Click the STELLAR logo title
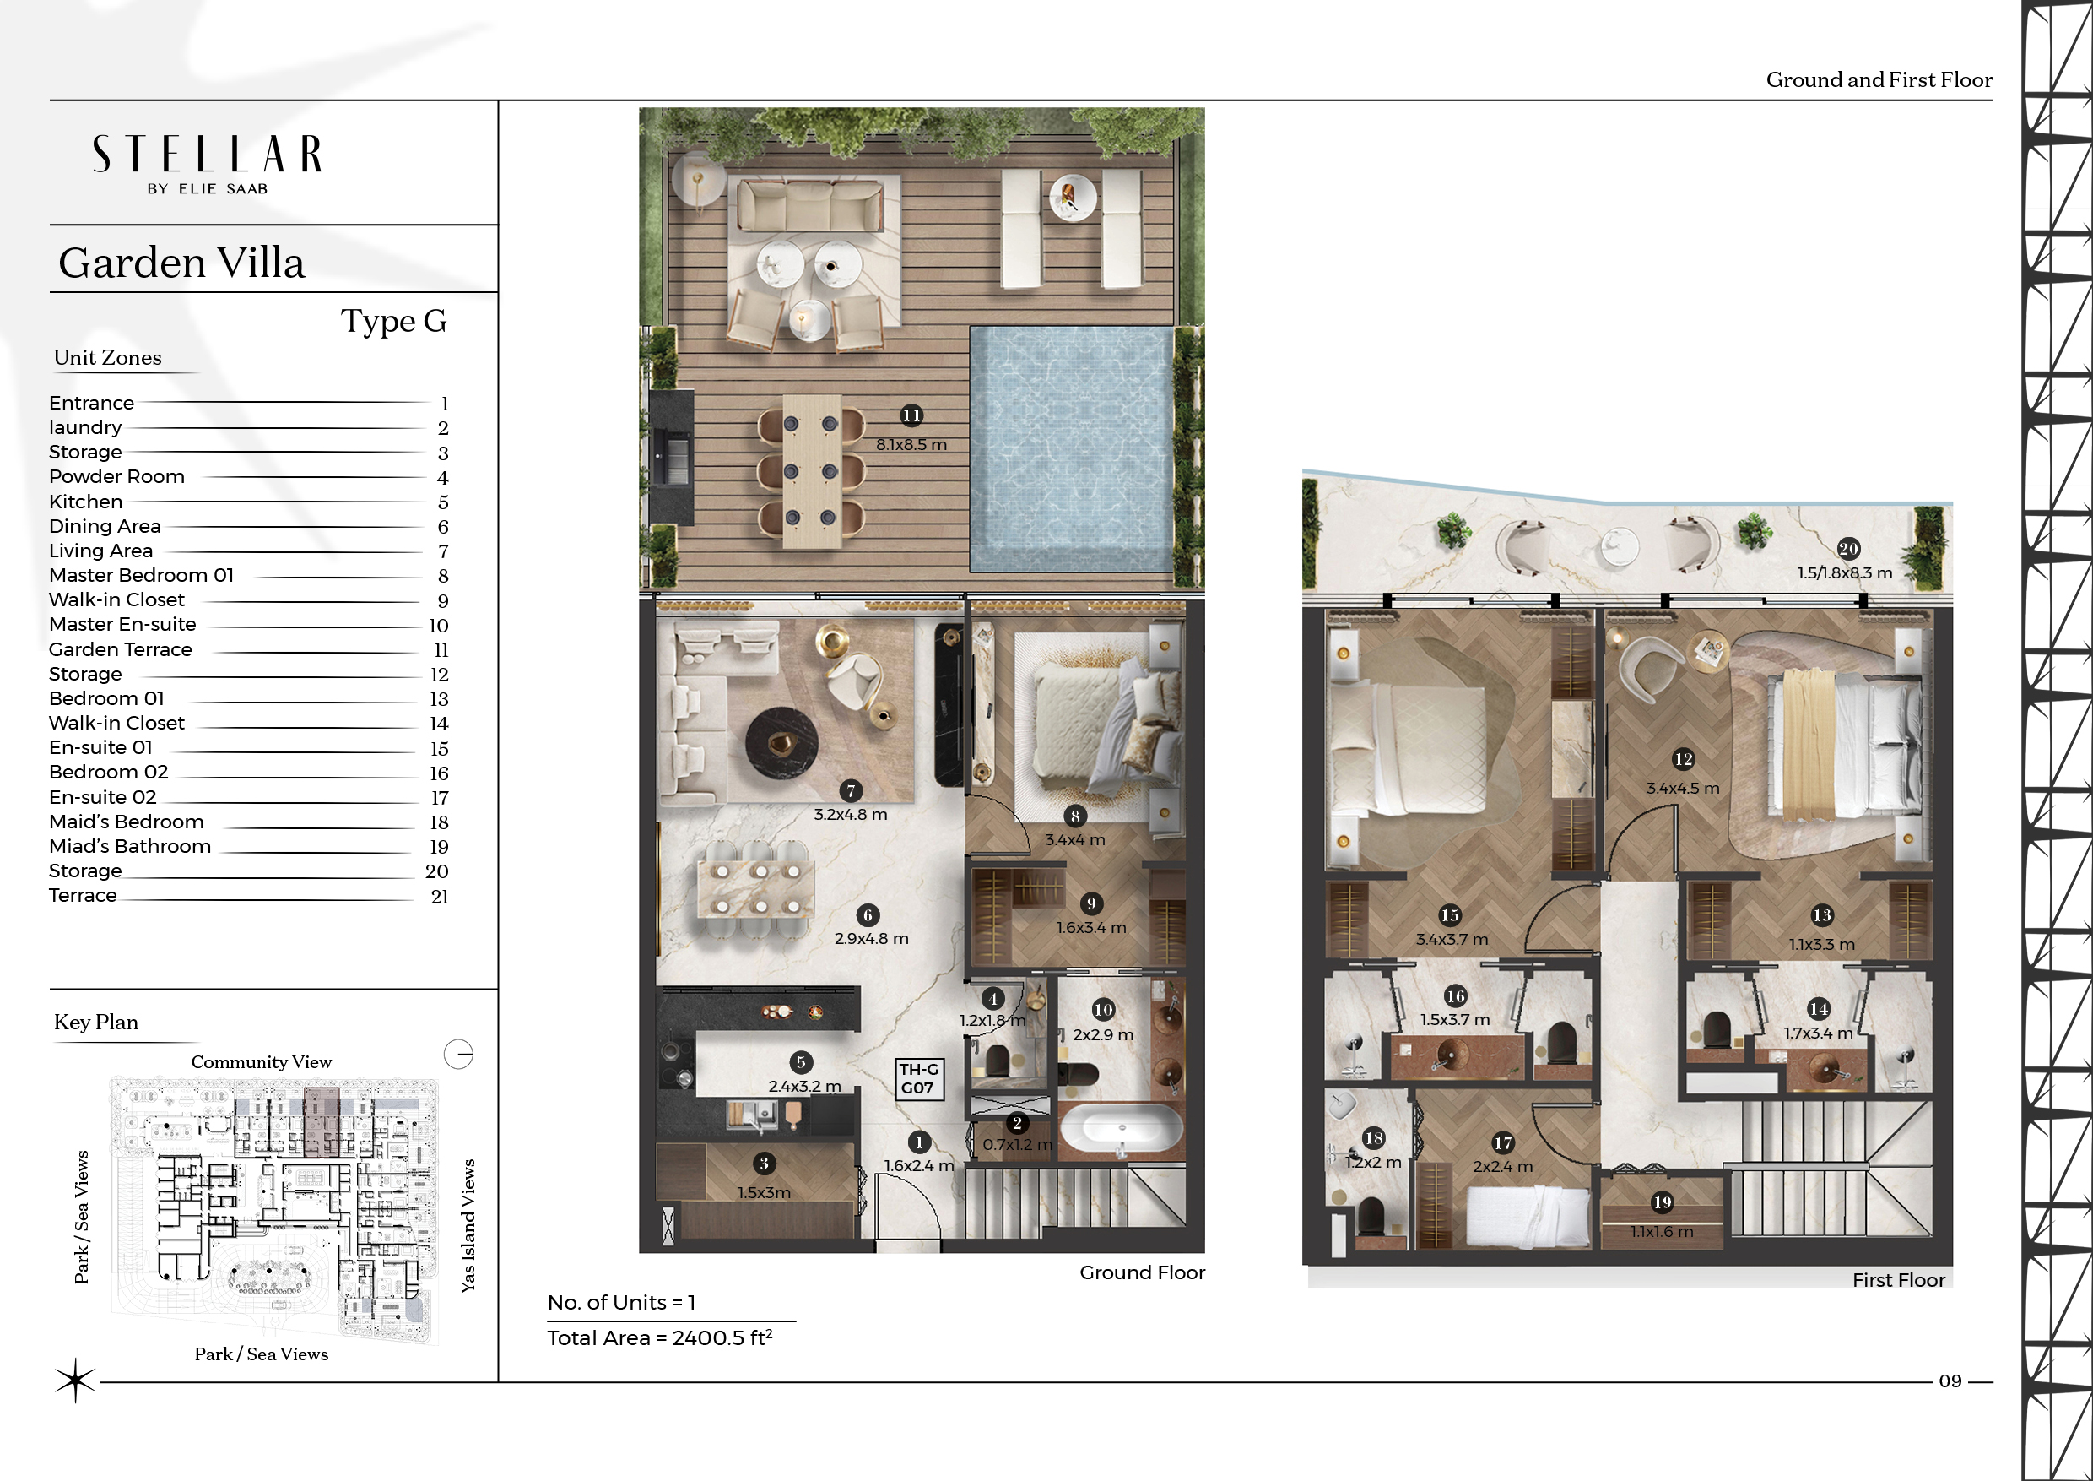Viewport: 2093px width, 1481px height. [x=207, y=155]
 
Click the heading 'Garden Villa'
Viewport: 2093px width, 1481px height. [x=181, y=263]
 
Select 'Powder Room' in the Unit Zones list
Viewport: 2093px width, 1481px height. [x=116, y=476]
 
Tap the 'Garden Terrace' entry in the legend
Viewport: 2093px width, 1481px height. [x=121, y=649]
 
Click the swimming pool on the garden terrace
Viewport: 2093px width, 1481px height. [x=1071, y=448]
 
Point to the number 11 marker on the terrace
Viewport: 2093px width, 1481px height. [x=911, y=416]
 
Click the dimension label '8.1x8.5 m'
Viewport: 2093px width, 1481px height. [x=911, y=445]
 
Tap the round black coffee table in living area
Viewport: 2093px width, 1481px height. [x=781, y=744]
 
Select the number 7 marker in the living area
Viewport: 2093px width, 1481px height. [x=851, y=791]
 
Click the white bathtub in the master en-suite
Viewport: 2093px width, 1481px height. [x=1120, y=1130]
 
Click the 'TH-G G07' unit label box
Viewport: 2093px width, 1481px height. [x=918, y=1079]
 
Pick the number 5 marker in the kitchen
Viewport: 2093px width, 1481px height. [x=800, y=1061]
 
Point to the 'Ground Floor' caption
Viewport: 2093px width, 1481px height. [x=1142, y=1272]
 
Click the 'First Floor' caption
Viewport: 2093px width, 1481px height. [x=1899, y=1280]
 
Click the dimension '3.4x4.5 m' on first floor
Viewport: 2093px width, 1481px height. [x=1683, y=788]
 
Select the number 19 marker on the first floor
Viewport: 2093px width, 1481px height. [x=1662, y=1202]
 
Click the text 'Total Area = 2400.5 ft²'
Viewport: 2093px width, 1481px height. [x=660, y=1337]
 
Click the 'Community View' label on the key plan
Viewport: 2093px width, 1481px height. [x=262, y=1061]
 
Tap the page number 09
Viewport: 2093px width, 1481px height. [x=1950, y=1381]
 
